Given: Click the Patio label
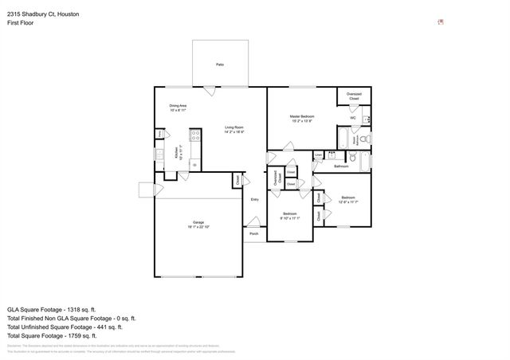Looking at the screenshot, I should point(219,64).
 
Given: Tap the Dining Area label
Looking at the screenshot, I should point(178,107).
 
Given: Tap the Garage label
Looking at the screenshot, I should point(198,224).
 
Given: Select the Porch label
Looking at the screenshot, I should point(253,234).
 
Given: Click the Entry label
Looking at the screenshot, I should point(254,199).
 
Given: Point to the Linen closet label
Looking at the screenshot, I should point(318,155).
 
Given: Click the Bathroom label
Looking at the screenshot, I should point(341,166).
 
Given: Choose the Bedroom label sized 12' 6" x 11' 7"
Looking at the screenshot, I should point(348,199).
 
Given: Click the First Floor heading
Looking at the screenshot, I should point(21,23).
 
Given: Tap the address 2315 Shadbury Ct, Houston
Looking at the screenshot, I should point(38,14).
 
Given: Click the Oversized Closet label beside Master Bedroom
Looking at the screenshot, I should point(354,96).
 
